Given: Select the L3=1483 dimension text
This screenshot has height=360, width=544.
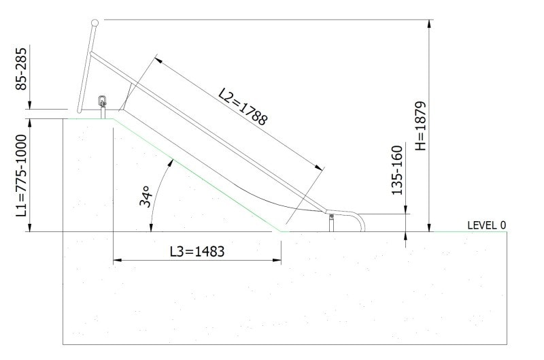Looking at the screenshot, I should pyautogui.click(x=197, y=252).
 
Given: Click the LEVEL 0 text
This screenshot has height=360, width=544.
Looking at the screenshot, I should pyautogui.click(x=486, y=225).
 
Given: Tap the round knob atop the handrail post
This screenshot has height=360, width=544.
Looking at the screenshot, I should pyautogui.click(x=95, y=24).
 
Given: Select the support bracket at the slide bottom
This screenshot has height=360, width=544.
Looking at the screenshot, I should pyautogui.click(x=332, y=222).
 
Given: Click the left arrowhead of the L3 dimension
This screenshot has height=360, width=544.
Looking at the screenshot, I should pyautogui.click(x=116, y=260).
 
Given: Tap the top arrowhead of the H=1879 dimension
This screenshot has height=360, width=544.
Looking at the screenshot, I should pyautogui.click(x=428, y=24).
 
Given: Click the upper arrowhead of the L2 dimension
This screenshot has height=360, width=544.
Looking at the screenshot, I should pyautogui.click(x=158, y=60).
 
